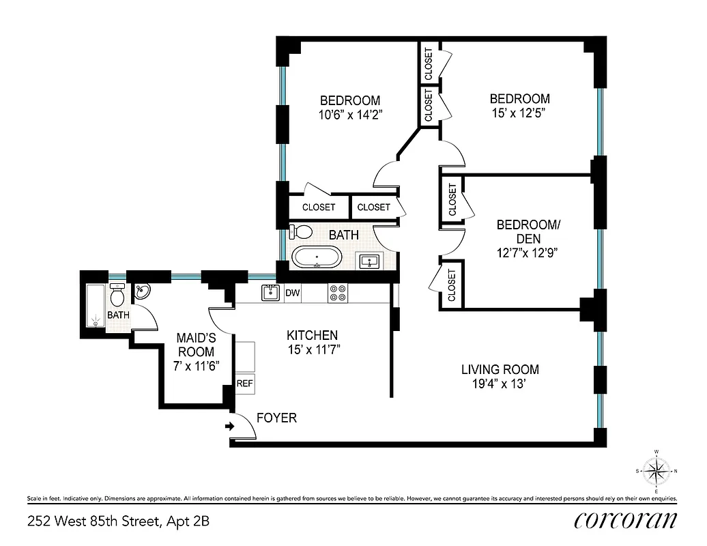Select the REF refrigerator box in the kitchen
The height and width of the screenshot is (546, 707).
pos(244,384)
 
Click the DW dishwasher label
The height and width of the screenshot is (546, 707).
pos(292,293)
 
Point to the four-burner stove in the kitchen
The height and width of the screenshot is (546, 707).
pos(337,293)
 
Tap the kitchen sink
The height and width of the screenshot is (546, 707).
pos(270,293)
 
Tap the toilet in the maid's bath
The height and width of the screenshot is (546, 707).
pos(117,296)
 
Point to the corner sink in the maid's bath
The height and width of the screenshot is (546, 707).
pos(142,293)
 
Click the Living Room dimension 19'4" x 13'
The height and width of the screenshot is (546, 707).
pos(500,385)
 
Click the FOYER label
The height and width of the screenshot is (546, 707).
pos(276,418)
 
